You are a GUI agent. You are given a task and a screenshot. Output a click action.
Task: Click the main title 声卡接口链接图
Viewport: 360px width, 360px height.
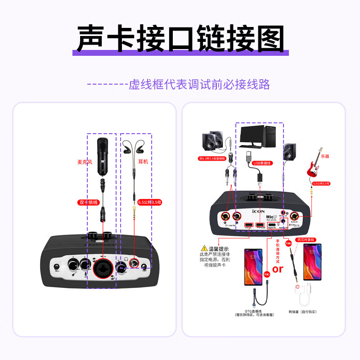(180, 38)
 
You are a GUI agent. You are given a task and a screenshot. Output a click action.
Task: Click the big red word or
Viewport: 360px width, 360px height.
(278, 269)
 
